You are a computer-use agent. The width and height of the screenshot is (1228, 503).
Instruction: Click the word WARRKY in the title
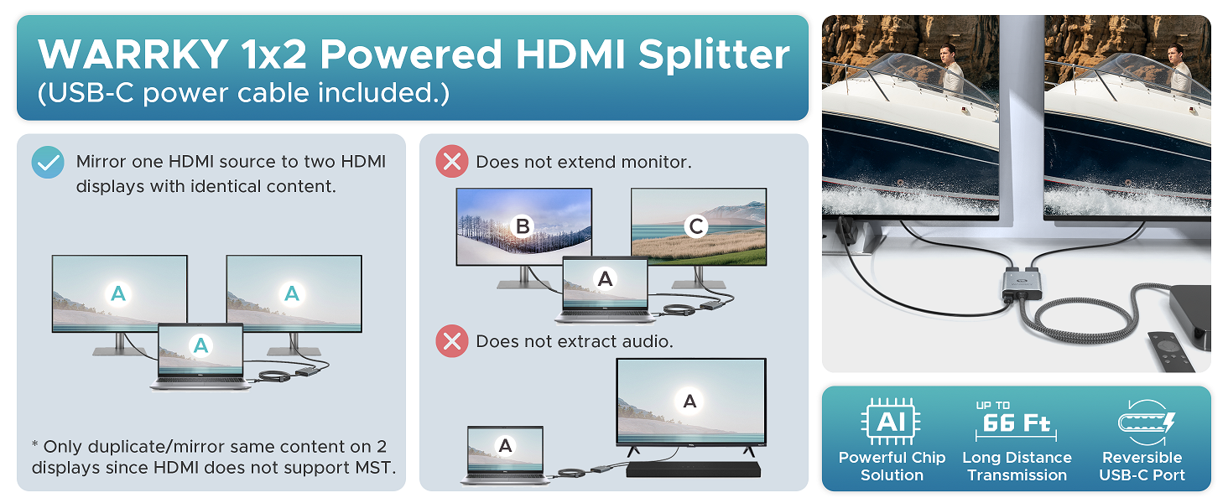(133, 54)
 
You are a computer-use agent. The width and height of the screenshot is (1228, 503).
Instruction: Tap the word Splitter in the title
(714, 54)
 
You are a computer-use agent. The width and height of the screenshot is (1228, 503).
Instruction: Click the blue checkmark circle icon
(48, 162)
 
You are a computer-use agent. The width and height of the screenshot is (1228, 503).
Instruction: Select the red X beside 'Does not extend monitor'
(452, 162)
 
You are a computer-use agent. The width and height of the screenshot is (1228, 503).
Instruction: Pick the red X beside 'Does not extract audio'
(452, 341)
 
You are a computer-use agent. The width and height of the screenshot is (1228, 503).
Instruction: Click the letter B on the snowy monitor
(523, 226)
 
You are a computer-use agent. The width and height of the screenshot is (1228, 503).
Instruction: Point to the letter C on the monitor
(696, 226)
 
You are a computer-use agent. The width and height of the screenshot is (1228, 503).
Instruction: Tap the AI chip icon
(891, 422)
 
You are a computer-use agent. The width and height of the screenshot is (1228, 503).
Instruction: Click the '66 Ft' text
(1017, 423)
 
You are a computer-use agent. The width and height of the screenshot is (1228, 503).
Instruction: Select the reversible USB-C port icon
(1145, 422)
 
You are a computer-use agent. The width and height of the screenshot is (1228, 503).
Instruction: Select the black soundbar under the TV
(694, 469)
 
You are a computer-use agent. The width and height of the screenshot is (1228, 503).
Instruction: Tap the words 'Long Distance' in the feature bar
(1017, 458)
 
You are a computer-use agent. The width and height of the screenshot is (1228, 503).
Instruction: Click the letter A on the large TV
(689, 401)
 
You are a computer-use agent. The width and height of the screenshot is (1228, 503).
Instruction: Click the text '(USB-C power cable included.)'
(243, 92)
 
